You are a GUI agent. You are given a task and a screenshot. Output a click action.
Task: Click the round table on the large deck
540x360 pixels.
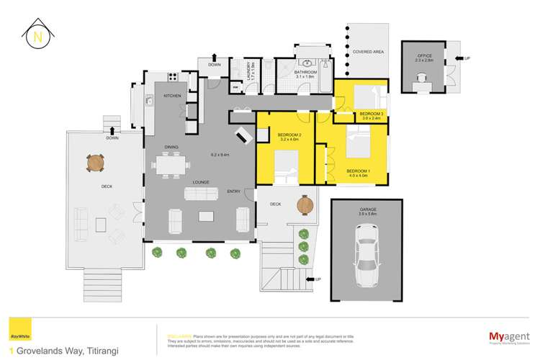click(96, 163)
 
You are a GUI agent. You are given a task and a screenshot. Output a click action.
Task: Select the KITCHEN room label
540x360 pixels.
click(171, 96)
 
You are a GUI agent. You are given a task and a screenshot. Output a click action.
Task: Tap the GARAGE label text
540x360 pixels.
click(368, 210)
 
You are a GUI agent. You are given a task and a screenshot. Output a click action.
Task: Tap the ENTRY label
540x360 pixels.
click(234, 192)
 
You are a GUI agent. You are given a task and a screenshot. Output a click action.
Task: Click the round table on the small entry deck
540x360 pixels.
click(307, 204)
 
